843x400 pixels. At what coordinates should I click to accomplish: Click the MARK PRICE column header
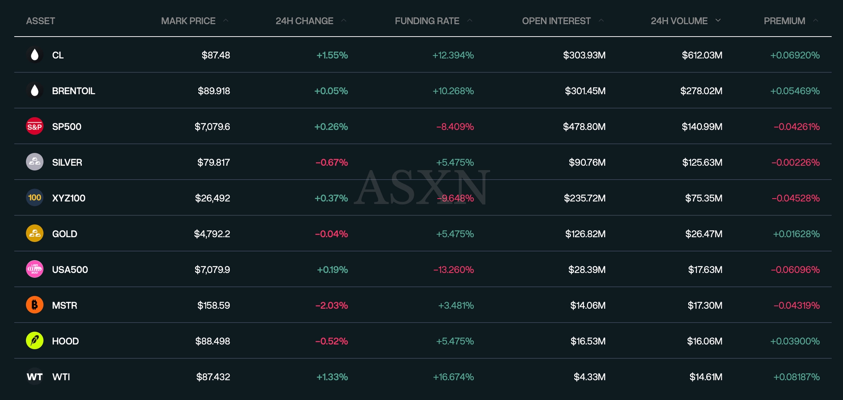[188, 21]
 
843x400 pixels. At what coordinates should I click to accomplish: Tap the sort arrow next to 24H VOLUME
[718, 20]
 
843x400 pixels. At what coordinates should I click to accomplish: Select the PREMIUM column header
[784, 21]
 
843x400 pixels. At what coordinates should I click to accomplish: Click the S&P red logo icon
[35, 127]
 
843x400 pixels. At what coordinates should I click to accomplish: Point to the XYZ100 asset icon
[35, 198]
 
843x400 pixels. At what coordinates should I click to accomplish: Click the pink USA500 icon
[35, 270]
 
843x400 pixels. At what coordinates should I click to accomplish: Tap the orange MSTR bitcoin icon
[35, 305]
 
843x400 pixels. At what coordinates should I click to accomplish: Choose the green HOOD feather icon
[35, 341]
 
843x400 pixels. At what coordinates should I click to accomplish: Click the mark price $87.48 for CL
[216, 55]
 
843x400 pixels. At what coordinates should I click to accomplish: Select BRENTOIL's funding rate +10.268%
[453, 91]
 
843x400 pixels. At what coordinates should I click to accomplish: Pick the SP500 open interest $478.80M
[584, 127]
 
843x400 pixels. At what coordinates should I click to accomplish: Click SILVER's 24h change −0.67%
[331, 162]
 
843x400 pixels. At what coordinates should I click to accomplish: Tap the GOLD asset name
[65, 234]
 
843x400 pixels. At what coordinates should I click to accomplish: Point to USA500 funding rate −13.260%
[453, 270]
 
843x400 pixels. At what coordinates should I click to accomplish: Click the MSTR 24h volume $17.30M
[705, 305]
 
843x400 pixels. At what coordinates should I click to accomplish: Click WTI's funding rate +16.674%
[453, 377]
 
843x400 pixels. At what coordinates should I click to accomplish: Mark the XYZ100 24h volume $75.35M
[703, 198]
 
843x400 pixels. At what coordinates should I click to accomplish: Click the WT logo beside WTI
[35, 377]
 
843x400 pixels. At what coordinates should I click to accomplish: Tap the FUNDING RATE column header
[427, 21]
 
